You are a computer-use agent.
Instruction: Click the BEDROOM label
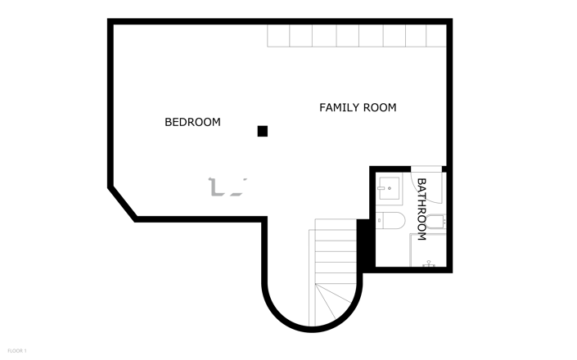pos(192,123)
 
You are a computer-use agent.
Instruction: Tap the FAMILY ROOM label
pos(358,107)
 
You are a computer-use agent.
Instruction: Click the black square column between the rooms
pos(263,130)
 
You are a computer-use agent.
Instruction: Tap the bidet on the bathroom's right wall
pos(439,220)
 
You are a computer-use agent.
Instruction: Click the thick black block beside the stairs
pos(366,243)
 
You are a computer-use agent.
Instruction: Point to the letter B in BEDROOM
pos(169,123)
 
